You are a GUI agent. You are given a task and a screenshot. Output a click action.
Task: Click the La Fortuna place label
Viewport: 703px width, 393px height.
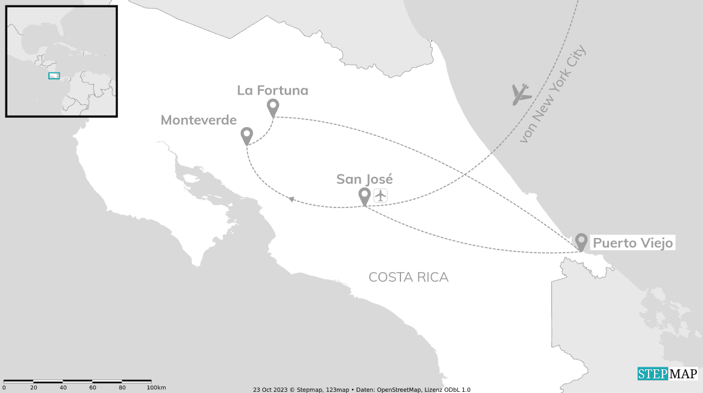273,91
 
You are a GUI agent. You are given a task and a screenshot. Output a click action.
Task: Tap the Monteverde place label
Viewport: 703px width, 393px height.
199,120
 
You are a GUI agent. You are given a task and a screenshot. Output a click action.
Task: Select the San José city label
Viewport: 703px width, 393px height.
364,179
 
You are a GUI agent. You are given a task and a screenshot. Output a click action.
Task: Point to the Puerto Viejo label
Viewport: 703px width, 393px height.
633,243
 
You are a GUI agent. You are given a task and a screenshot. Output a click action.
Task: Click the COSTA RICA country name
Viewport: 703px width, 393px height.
408,277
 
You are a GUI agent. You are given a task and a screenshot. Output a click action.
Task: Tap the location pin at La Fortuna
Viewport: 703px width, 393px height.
273,107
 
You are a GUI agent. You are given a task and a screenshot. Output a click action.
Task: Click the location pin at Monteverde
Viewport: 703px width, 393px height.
247,135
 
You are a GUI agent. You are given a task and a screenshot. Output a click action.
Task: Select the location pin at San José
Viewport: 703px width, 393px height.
364,196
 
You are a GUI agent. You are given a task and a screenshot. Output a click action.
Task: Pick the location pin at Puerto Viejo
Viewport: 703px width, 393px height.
581,242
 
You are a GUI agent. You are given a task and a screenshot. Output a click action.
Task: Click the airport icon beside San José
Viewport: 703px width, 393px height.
381,195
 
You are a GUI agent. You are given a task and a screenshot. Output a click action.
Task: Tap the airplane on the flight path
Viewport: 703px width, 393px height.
521,94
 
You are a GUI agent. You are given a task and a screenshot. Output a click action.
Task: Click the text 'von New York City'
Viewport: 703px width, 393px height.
552,95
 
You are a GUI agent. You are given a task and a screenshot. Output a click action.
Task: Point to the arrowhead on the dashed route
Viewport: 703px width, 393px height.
292,200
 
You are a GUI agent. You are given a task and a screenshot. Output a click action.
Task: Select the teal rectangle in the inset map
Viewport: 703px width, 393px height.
54,76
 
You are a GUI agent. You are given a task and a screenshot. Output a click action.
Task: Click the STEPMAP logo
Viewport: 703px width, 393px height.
668,373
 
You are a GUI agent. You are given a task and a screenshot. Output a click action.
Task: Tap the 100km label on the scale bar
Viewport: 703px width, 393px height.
156,388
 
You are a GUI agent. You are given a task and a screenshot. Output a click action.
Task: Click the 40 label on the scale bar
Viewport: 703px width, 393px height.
63,388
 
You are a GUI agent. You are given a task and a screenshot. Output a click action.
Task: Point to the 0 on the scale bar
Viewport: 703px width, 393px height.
4,388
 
